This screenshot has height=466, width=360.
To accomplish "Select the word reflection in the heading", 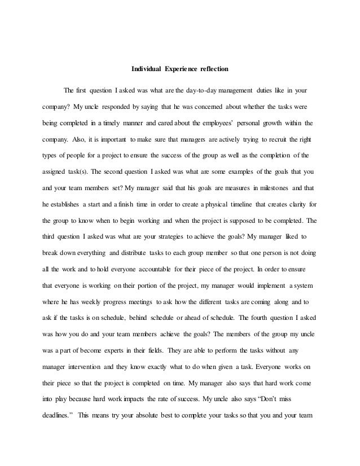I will [x=213, y=69].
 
